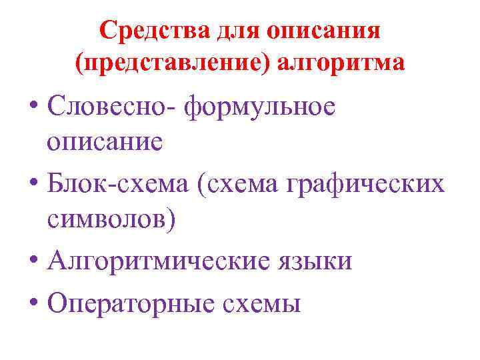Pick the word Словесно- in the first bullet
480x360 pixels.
[114, 109]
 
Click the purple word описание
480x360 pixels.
[105, 142]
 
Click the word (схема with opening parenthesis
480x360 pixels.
[231, 183]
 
